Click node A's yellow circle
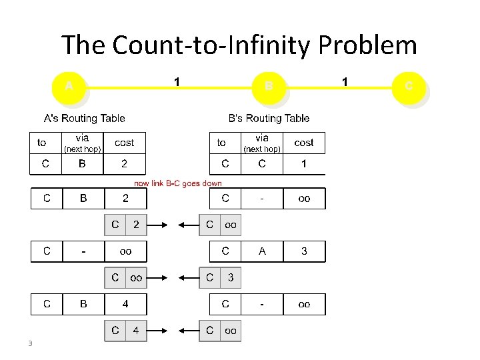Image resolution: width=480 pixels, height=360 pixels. [69, 87]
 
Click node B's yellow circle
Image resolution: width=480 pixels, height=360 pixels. [268, 87]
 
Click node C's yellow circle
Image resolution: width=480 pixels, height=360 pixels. [408, 87]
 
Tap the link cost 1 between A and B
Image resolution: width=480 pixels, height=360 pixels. [176, 82]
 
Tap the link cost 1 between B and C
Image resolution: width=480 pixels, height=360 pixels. [345, 82]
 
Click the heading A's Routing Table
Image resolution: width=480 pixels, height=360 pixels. [84, 119]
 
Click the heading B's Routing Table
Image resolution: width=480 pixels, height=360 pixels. [269, 119]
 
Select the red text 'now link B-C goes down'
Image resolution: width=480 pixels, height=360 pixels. [178, 183]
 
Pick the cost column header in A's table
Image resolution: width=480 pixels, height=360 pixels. [125, 143]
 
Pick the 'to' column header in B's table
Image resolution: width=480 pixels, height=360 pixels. [221, 143]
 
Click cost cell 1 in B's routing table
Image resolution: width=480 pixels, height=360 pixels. [304, 163]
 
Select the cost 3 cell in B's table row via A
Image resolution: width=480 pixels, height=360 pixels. [304, 251]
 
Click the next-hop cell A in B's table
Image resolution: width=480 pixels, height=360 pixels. [262, 251]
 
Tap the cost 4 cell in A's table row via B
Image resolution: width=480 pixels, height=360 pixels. [125, 304]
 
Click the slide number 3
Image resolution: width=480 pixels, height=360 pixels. [30, 344]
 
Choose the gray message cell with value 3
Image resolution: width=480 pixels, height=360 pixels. [230, 277]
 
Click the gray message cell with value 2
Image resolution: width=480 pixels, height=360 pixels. [136, 225]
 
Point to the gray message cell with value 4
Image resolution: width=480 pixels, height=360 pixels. [136, 331]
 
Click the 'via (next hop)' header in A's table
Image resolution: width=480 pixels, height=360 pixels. [82, 143]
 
